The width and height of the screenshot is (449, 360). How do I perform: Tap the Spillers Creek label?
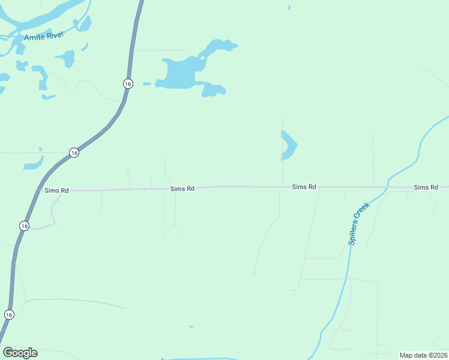pos(359,223)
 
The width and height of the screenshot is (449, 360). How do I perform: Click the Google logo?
pos(20,353)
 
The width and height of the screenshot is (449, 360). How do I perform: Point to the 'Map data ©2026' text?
pos(423,355)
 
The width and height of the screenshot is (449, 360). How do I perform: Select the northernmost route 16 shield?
pos(128,83)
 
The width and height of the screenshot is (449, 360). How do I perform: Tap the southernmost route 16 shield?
pos(8,314)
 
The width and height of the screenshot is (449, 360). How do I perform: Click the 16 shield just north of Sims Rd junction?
pos(73,153)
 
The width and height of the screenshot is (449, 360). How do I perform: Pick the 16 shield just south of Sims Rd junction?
pos(23,226)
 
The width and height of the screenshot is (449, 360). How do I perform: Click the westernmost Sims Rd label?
pos(56,190)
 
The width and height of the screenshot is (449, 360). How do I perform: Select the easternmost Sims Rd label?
pos(426,188)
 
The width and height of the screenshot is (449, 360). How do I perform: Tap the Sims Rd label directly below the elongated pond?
pos(304,187)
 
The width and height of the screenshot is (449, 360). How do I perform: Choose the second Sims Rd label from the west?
pos(182,188)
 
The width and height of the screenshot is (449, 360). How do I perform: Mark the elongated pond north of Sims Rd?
pos(289,145)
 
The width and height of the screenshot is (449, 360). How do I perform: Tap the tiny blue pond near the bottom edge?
pos(191,326)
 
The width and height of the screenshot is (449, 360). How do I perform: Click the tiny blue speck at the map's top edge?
pos(289,8)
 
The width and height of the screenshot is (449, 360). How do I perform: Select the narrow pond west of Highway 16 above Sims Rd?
pos(34,163)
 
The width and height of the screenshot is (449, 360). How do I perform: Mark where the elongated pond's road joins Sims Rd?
pos(283,187)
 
